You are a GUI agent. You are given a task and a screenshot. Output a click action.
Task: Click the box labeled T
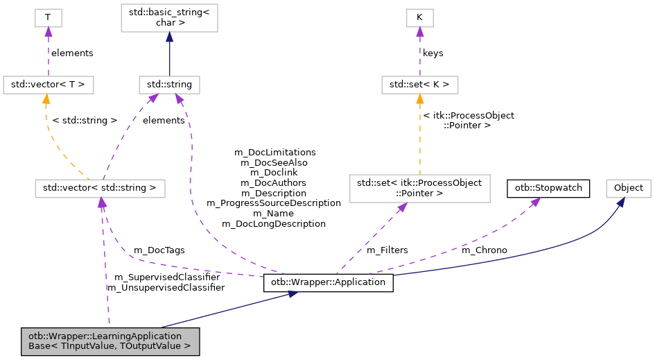(x=48, y=18)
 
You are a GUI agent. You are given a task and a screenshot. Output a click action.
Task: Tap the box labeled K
(x=419, y=18)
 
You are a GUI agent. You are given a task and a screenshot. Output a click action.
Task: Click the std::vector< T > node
(x=48, y=85)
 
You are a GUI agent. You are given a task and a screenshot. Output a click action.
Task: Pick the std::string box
(x=169, y=85)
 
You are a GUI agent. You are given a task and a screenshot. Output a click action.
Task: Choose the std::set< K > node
(x=419, y=85)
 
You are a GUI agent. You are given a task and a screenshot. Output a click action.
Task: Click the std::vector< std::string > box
(x=101, y=187)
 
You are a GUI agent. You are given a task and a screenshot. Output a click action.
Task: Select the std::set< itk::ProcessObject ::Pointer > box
(x=419, y=187)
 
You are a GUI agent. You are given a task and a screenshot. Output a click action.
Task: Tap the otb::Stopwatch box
(x=549, y=187)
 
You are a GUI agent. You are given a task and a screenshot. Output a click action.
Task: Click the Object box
(x=628, y=187)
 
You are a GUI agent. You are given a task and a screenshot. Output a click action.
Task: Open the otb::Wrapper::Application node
(x=329, y=283)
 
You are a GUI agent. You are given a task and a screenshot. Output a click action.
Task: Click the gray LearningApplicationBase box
(x=110, y=341)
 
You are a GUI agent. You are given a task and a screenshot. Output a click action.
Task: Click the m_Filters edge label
(x=387, y=250)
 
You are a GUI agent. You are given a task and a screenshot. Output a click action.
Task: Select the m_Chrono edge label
(x=484, y=250)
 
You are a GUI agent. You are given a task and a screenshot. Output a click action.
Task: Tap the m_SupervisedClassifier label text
(x=165, y=277)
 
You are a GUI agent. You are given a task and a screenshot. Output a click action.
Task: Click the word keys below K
(x=433, y=53)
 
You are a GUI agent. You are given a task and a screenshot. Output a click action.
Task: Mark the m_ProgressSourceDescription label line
(x=274, y=203)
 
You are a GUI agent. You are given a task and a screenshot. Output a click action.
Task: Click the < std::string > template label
(x=85, y=120)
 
